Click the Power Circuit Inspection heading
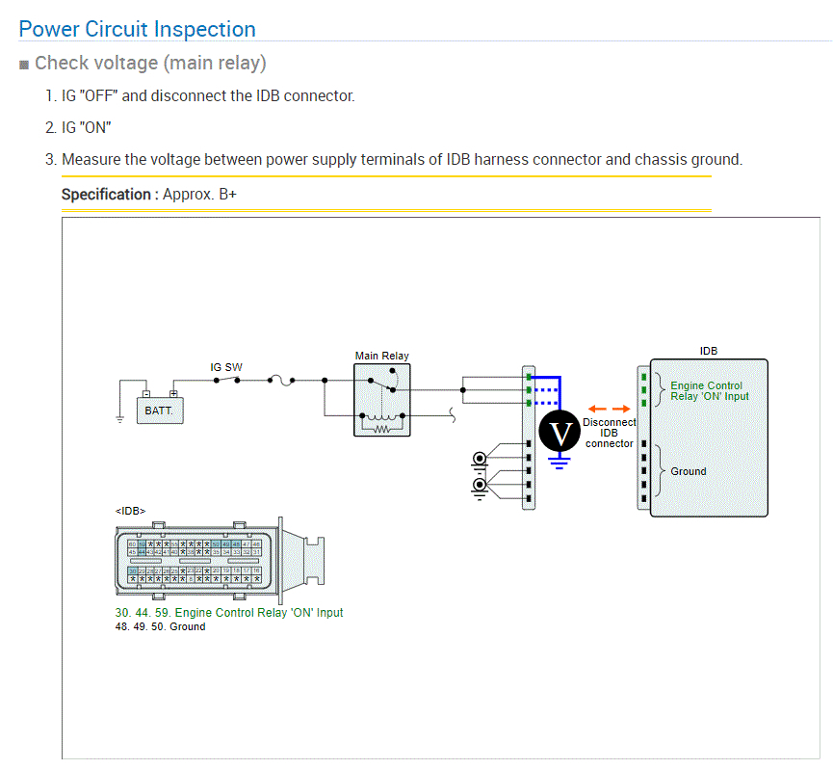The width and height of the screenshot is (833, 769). click(138, 29)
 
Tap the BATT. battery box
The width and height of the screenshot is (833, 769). click(159, 410)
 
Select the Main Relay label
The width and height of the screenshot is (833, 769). click(381, 356)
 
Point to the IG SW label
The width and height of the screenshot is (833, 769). click(226, 367)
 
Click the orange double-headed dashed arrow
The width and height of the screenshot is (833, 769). click(608, 409)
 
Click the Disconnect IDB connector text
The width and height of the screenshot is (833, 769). click(610, 433)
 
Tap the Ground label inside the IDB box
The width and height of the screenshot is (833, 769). click(688, 471)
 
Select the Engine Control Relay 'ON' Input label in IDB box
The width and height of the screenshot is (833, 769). click(709, 390)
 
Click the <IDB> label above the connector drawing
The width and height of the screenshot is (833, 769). click(130, 511)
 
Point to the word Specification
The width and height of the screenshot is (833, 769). click(106, 194)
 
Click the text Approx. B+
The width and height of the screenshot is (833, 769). click(199, 194)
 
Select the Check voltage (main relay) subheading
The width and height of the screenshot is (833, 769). click(150, 64)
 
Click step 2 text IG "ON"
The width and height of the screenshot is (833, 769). click(86, 127)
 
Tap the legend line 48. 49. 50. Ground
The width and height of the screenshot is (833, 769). click(160, 626)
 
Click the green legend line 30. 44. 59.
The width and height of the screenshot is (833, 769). click(228, 612)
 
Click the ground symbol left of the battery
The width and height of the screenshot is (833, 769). click(118, 418)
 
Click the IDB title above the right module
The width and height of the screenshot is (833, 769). click(708, 351)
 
